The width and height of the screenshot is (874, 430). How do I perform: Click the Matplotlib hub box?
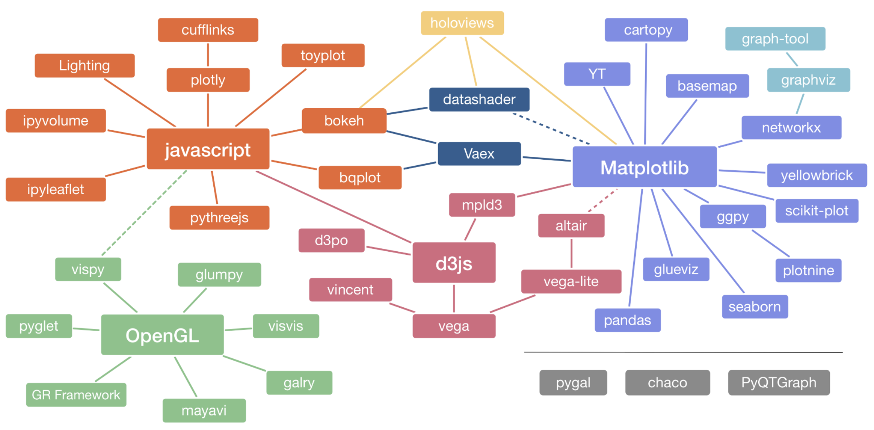644,167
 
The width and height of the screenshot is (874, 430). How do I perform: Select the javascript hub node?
208,149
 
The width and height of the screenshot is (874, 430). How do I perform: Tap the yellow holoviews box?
462,23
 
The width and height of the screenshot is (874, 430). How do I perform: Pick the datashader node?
479,100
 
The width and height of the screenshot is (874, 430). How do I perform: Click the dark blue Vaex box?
479,154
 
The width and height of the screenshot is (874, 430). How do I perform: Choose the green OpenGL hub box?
162,335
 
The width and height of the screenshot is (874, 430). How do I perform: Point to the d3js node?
454,263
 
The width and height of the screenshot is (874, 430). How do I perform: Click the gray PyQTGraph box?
778,383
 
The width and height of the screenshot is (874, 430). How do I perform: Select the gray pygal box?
573,383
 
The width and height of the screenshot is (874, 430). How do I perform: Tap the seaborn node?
755,307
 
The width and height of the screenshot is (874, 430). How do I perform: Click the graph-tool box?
775,39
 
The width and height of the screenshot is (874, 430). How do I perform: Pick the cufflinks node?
208,30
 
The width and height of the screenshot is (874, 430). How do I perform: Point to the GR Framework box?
76,395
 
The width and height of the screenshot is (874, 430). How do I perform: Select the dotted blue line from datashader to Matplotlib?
551,129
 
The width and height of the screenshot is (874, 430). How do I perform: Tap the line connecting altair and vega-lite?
572,253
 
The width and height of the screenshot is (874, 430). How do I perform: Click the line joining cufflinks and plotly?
208,55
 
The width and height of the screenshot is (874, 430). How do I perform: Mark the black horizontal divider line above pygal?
683,352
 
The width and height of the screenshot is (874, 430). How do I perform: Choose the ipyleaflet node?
56,190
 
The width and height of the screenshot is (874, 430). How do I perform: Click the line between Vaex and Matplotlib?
546,159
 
